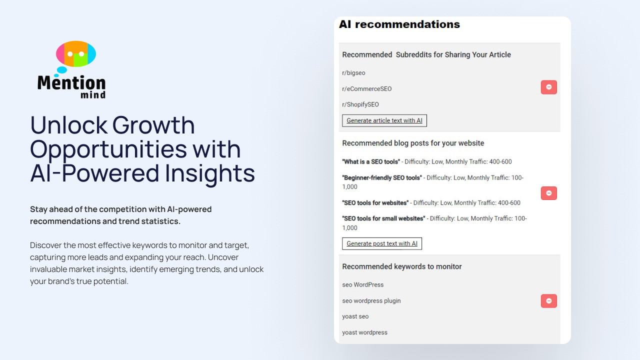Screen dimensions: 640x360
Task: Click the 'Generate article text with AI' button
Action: (384, 120)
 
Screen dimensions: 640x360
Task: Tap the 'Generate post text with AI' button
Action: (382, 243)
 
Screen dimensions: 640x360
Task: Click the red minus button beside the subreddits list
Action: (549, 87)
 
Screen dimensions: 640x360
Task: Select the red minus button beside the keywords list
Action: (549, 301)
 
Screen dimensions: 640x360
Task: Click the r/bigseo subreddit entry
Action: (353, 73)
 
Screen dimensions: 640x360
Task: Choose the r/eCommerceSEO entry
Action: (367, 89)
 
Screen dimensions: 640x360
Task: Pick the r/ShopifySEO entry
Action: (360, 104)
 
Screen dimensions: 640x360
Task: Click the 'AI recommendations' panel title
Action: (399, 24)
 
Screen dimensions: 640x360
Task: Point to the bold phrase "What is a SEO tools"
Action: (371, 161)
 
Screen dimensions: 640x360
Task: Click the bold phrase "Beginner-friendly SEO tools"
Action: (382, 177)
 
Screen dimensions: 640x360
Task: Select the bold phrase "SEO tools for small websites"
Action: (383, 218)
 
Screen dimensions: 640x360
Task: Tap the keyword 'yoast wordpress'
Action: (365, 332)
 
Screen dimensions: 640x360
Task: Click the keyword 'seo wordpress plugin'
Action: (371, 301)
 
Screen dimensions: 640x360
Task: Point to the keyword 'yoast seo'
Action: (355, 316)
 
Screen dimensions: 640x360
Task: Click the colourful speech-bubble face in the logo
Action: (76, 53)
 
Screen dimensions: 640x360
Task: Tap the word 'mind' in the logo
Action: (93, 94)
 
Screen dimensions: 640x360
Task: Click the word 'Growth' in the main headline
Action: (153, 125)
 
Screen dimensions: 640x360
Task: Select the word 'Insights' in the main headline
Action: (209, 173)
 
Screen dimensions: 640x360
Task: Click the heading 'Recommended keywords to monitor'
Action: (402, 266)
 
